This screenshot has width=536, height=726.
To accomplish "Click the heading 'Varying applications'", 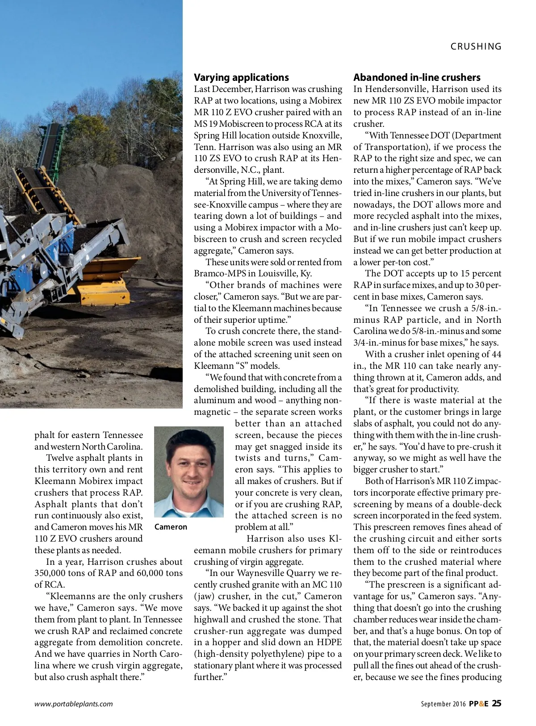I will (241, 77).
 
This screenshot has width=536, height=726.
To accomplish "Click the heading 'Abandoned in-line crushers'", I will (417, 77).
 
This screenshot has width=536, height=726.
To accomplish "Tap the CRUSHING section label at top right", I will (476, 46).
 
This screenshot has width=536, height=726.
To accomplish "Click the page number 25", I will (496, 703).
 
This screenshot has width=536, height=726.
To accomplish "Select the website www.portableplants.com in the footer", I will (74, 704).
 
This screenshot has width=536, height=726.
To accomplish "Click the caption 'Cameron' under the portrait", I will (171, 527).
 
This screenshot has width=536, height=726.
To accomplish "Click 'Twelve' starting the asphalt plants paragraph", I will (61, 458).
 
